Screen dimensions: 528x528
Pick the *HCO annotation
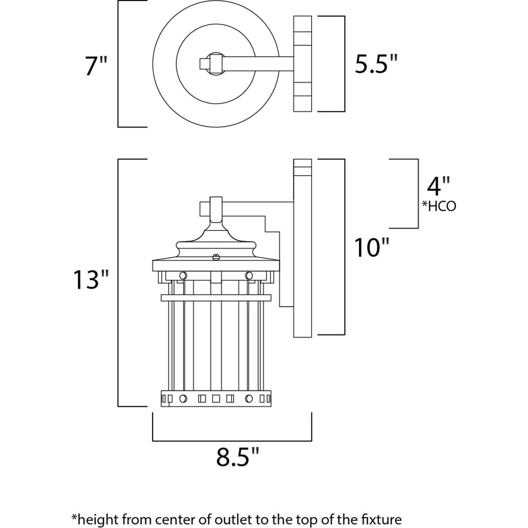click(439, 206)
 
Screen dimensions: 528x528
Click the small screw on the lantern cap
click(216, 257)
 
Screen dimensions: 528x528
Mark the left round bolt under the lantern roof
click(182, 275)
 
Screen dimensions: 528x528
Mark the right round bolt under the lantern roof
click(249, 275)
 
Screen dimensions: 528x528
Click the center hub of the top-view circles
click(214, 63)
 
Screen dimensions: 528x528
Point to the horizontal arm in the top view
click(257, 63)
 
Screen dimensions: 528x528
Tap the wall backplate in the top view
click(302, 63)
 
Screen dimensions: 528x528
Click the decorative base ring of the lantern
click(216, 398)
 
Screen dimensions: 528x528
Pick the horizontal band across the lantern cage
click(216, 298)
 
